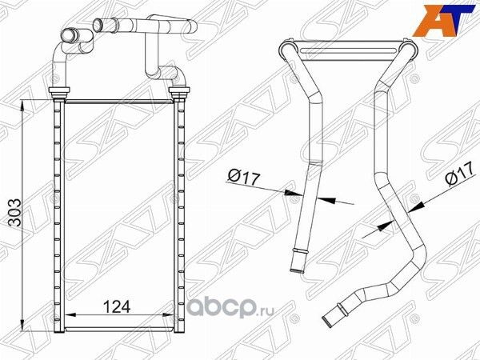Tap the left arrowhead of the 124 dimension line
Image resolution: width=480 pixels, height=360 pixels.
(67, 315)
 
